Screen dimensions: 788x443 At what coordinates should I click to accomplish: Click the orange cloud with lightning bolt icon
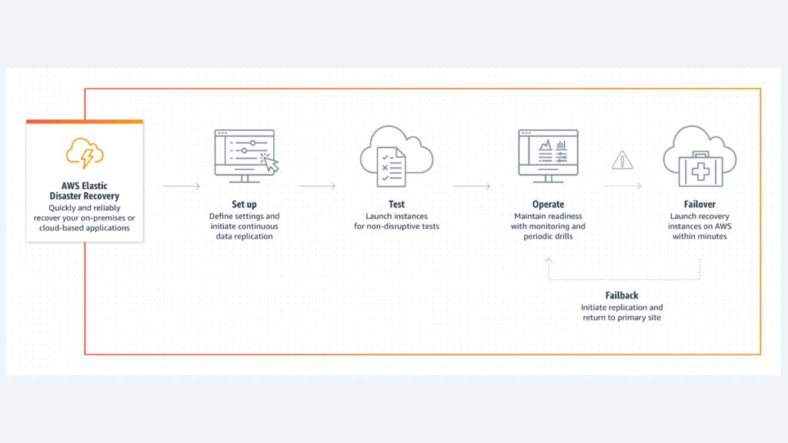click(x=85, y=153)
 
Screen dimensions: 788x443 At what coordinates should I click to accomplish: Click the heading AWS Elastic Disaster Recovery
click(x=85, y=191)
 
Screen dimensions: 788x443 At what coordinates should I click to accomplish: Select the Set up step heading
click(x=244, y=205)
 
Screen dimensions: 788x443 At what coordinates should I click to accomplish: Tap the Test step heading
click(x=396, y=205)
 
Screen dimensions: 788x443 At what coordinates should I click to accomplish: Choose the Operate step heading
click(x=548, y=205)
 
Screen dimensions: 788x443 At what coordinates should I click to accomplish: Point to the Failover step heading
click(x=700, y=205)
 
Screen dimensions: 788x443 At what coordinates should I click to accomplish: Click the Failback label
click(x=622, y=296)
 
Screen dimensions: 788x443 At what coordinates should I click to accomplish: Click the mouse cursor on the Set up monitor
click(x=270, y=163)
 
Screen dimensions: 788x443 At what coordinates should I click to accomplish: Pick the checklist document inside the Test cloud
click(x=392, y=167)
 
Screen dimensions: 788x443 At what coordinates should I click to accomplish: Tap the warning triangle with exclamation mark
click(x=622, y=160)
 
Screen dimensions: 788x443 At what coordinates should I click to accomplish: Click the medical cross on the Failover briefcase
click(x=700, y=172)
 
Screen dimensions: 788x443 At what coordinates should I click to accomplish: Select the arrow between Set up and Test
click(x=316, y=186)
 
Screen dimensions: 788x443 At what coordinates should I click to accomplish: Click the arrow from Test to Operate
click(x=472, y=186)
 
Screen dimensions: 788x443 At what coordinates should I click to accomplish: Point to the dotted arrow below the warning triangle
click(x=623, y=186)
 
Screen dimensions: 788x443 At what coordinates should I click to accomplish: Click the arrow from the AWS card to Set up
click(x=182, y=186)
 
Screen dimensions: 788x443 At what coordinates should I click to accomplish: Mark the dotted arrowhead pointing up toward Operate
click(x=548, y=261)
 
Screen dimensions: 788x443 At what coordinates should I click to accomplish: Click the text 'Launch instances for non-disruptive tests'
click(x=396, y=221)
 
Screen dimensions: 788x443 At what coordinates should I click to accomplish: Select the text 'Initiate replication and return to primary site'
click(x=622, y=312)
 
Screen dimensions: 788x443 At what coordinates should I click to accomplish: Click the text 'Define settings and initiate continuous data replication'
click(x=244, y=227)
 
